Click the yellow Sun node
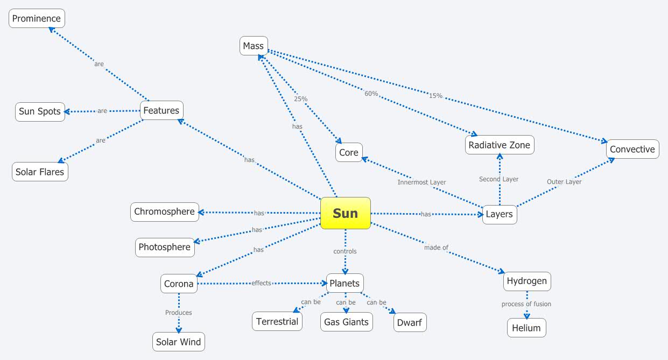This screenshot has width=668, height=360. pyautogui.click(x=345, y=213)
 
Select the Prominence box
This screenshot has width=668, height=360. pyautogui.click(x=37, y=18)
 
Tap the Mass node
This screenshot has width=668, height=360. pyautogui.click(x=253, y=46)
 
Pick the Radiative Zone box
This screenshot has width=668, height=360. pyautogui.click(x=499, y=145)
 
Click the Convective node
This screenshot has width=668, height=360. pyautogui.click(x=632, y=149)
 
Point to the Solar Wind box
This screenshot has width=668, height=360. pyautogui.click(x=178, y=342)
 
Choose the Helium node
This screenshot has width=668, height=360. pyautogui.click(x=526, y=328)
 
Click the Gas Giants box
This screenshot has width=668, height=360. pyautogui.click(x=346, y=322)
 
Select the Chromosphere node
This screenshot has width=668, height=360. pyautogui.click(x=164, y=211)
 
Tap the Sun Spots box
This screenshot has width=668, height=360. pyautogui.click(x=40, y=111)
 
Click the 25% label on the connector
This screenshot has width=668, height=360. pyautogui.click(x=300, y=99)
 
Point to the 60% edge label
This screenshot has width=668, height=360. pyautogui.click(x=371, y=94)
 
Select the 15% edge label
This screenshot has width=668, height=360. pyautogui.click(x=435, y=96)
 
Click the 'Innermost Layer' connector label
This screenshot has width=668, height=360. pyautogui.click(x=421, y=182)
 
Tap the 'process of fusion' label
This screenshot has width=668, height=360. pyautogui.click(x=526, y=304)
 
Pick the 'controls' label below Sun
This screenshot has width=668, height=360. pyautogui.click(x=345, y=251)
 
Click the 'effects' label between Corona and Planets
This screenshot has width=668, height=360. pyautogui.click(x=261, y=283)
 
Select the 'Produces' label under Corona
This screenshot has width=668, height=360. pyautogui.click(x=178, y=313)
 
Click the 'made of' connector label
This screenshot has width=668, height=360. pyautogui.click(x=436, y=248)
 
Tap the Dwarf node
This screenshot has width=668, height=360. pyautogui.click(x=409, y=322)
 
